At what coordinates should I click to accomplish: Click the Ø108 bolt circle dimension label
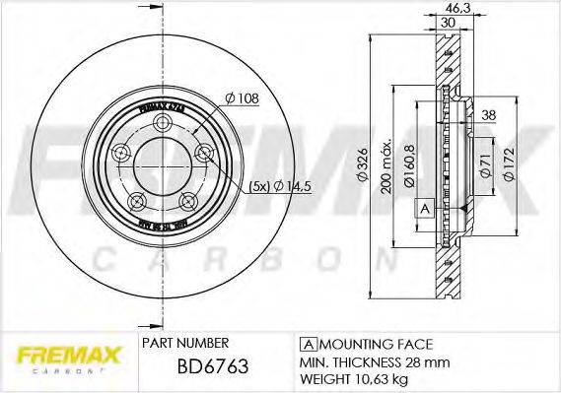242,98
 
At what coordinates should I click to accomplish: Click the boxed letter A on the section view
425,208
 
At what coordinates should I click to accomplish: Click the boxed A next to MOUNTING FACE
307,343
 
